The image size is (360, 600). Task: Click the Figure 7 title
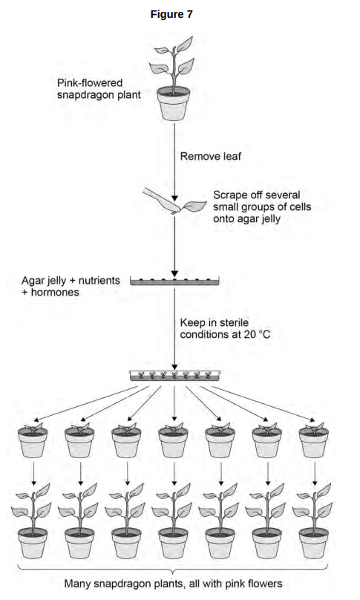point(171,15)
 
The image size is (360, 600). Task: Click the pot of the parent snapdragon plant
point(173,103)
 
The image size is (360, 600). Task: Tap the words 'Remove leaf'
point(211,156)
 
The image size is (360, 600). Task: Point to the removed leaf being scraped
point(195,206)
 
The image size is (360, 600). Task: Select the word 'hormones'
point(55,293)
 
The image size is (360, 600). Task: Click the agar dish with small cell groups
point(174,281)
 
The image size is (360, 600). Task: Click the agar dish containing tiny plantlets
point(174,376)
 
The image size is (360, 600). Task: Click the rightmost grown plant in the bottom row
point(314,521)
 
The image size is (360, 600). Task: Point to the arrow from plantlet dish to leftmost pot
point(85,404)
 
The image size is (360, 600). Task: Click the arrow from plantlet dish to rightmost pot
point(263,404)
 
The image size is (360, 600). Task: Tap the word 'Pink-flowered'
point(90,83)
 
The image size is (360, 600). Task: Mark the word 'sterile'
point(233,322)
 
